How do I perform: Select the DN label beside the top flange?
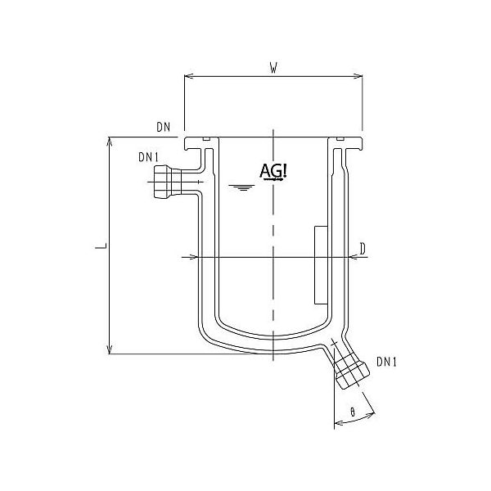coord(163,127)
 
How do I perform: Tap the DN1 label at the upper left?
coord(147,156)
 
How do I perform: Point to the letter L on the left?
coord(98,245)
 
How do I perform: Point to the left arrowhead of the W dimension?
coord(188,79)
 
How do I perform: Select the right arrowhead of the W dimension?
coord(358,79)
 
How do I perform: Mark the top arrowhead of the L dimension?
coord(110,142)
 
